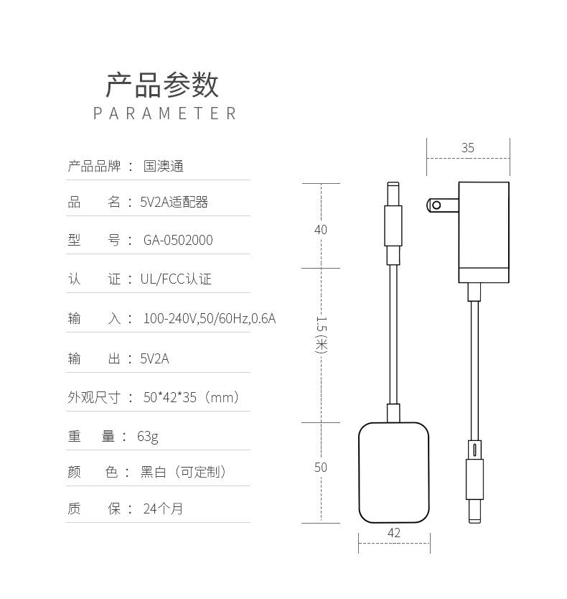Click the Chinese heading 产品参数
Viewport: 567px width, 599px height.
point(162,85)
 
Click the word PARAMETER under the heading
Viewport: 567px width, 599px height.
point(164,113)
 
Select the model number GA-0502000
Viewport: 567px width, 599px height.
point(178,241)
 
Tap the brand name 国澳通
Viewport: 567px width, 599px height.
point(164,167)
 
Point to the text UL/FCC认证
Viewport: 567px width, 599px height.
point(176,279)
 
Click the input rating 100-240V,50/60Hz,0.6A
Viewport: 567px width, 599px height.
point(209,318)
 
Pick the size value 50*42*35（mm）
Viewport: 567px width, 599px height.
point(192,397)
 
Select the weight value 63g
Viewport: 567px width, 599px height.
point(148,436)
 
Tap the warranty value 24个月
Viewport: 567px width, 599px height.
point(163,509)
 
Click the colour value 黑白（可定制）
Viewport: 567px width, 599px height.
point(184,472)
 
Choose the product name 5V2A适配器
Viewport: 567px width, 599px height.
point(174,203)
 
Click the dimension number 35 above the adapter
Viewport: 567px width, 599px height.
point(468,148)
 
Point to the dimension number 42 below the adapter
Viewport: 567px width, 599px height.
point(394,533)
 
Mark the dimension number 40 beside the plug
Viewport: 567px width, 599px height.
point(320,230)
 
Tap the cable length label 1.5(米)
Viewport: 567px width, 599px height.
point(321,335)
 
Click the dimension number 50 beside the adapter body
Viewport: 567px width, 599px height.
point(320,468)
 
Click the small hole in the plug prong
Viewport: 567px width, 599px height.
point(436,205)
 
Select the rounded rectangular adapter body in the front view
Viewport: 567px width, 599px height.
point(394,472)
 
